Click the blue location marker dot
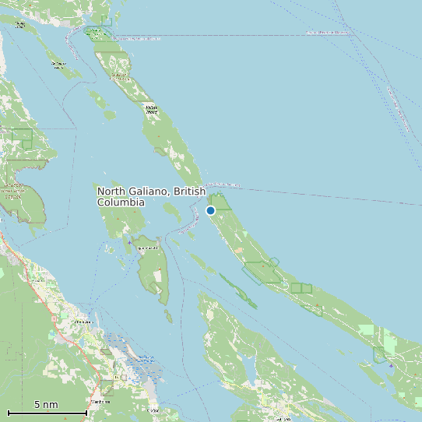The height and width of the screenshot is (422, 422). (210, 210)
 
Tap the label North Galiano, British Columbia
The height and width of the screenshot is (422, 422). (150, 196)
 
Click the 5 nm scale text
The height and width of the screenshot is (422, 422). (46, 404)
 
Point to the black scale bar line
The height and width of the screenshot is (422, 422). (47, 412)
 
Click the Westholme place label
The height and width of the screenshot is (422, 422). (99, 402)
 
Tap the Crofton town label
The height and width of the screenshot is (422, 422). (153, 410)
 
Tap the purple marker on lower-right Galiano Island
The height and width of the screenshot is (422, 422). (391, 364)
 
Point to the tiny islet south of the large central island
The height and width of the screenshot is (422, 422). (168, 315)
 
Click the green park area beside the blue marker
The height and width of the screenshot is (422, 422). (220, 202)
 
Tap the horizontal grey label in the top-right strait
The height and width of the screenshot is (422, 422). (327, 33)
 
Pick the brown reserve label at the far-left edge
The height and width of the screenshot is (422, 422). (12, 191)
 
